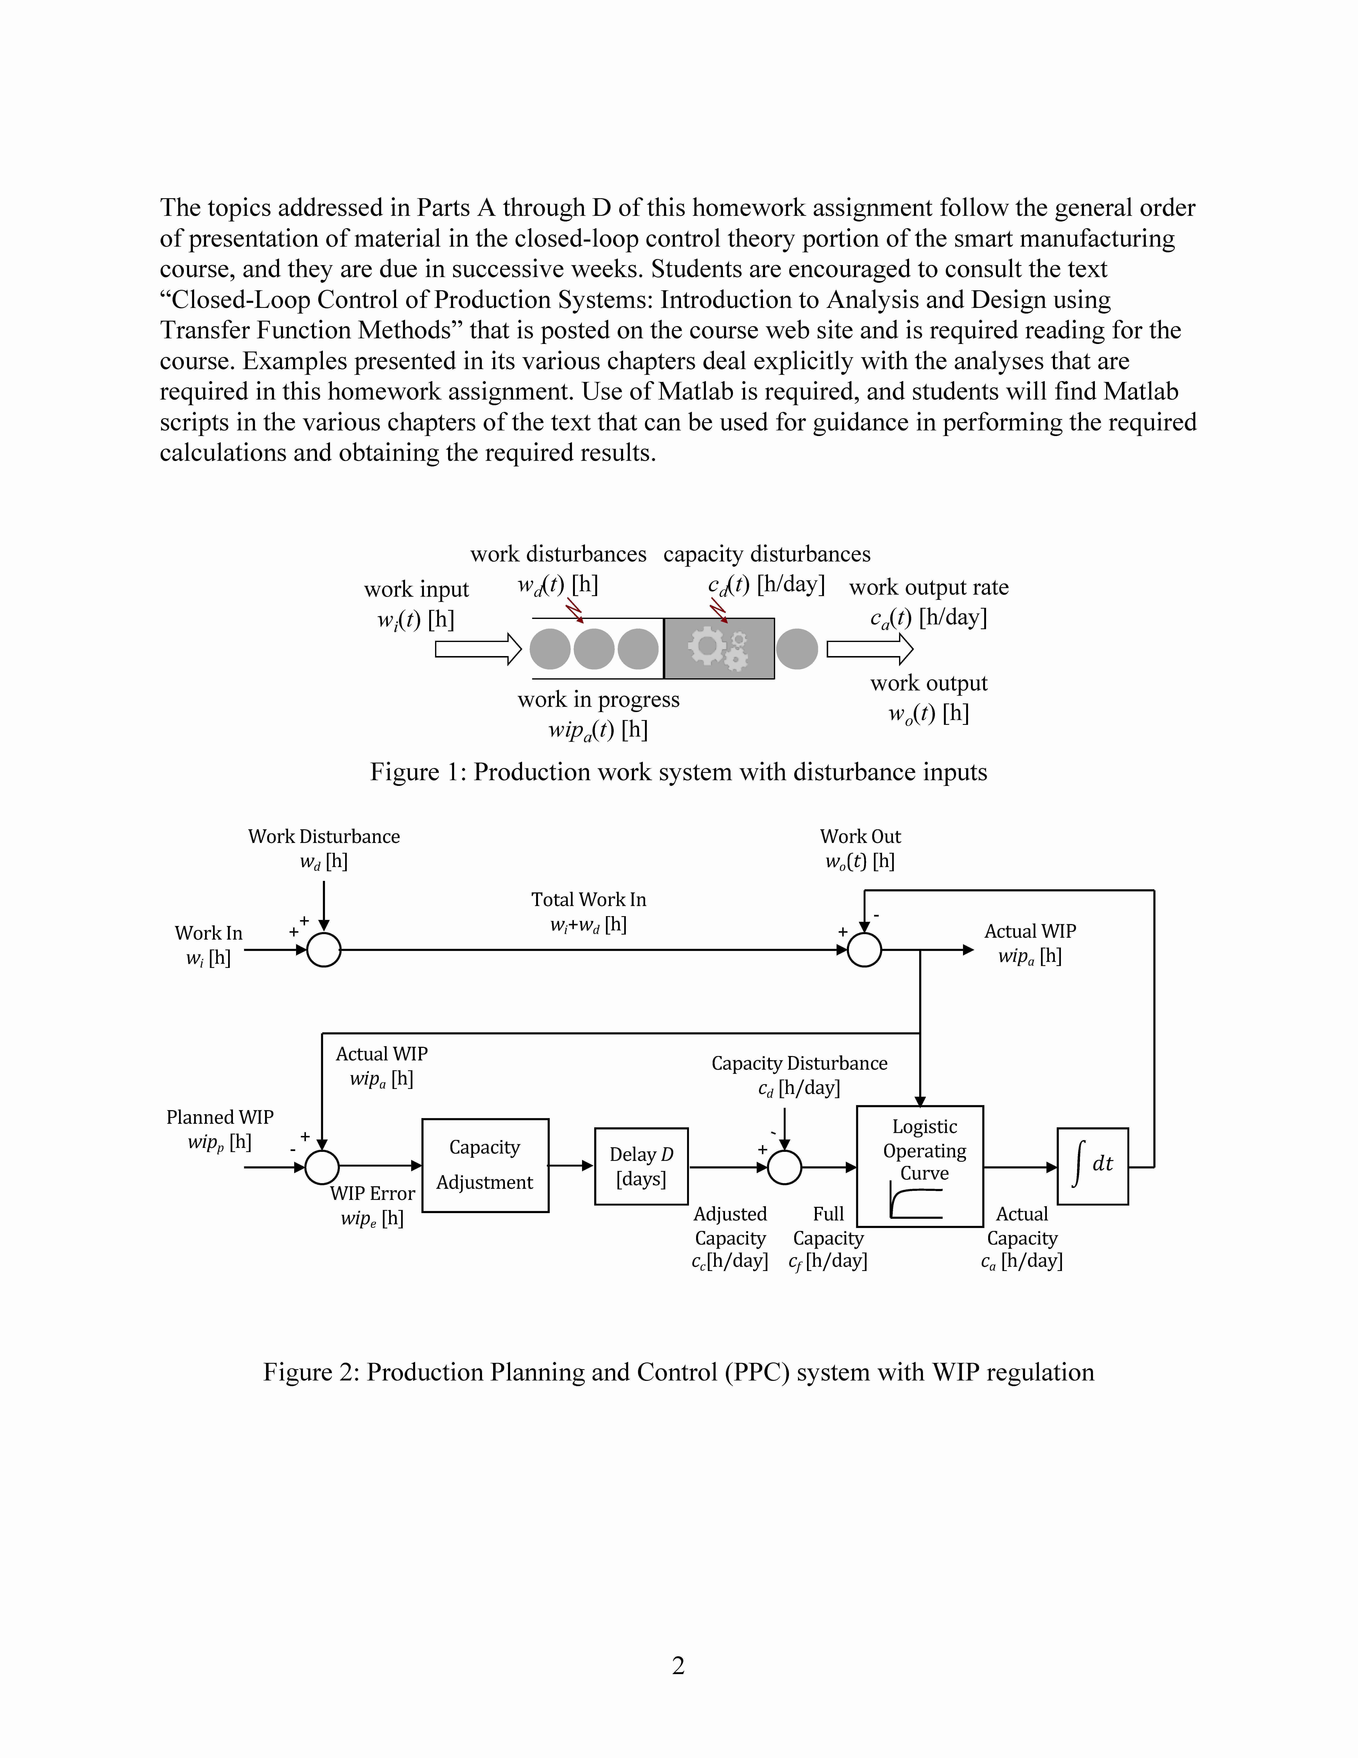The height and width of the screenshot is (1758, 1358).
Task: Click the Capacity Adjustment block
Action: (x=485, y=1165)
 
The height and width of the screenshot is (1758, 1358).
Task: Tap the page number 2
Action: (x=678, y=1666)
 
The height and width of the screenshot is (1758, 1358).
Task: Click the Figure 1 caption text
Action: (x=678, y=772)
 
